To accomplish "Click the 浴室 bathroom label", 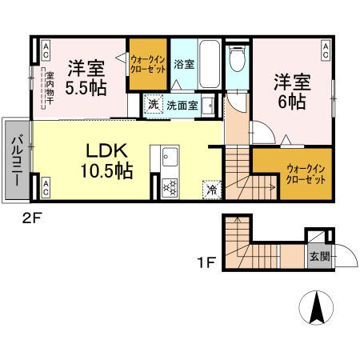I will point(183,65).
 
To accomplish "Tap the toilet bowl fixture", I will point(238,59).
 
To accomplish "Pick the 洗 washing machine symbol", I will point(152,103).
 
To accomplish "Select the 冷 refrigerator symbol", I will point(210,190).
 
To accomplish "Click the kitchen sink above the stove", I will point(169,159).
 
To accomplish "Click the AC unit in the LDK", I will point(46,189).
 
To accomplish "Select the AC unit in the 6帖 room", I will point(326,50).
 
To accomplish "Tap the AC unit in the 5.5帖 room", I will point(46,50).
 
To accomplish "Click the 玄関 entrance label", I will point(318,257).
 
